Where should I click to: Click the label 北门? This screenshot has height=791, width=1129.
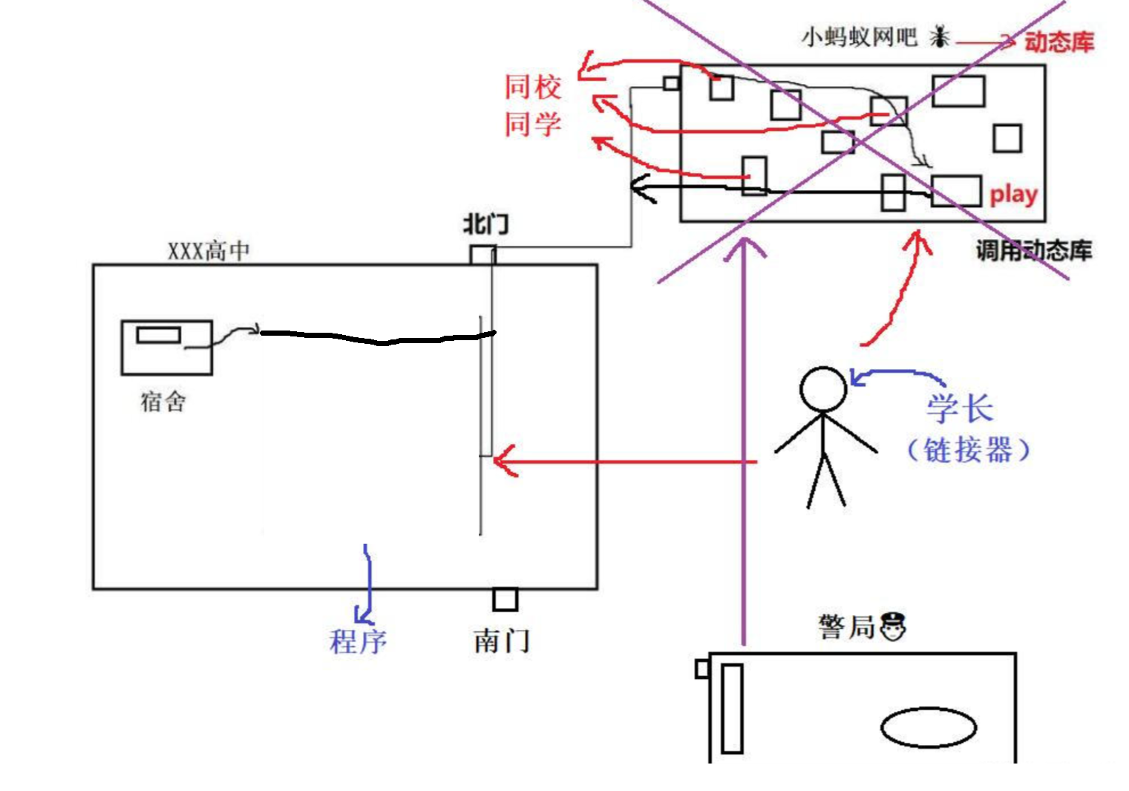coord(486,224)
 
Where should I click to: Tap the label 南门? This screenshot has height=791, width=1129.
coord(502,640)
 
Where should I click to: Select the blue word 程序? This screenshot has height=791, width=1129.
coord(358,641)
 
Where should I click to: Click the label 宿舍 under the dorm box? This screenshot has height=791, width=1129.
coord(163,402)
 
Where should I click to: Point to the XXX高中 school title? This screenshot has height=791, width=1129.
coord(209,251)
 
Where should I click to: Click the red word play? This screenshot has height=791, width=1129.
coord(1013,195)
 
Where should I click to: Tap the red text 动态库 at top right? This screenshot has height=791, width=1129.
coord(1059,42)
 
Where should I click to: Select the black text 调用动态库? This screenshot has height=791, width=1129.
coord(1034,251)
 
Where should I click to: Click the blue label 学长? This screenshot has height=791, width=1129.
coord(960,408)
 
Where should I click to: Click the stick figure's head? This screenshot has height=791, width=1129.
coord(822,389)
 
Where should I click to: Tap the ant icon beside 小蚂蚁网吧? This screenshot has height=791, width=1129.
coord(940,36)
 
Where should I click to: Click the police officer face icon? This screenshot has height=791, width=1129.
coord(893,626)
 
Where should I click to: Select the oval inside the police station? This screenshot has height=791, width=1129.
coord(928,726)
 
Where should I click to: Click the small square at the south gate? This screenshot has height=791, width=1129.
coord(505,599)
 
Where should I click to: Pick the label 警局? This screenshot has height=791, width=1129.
coord(847,627)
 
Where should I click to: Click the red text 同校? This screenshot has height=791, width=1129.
coord(533,87)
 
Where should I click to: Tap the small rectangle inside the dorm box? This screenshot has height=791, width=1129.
coord(159,335)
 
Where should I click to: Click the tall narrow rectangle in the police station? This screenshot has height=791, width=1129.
coord(732,709)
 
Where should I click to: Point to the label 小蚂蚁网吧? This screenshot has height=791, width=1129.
coord(860,36)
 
